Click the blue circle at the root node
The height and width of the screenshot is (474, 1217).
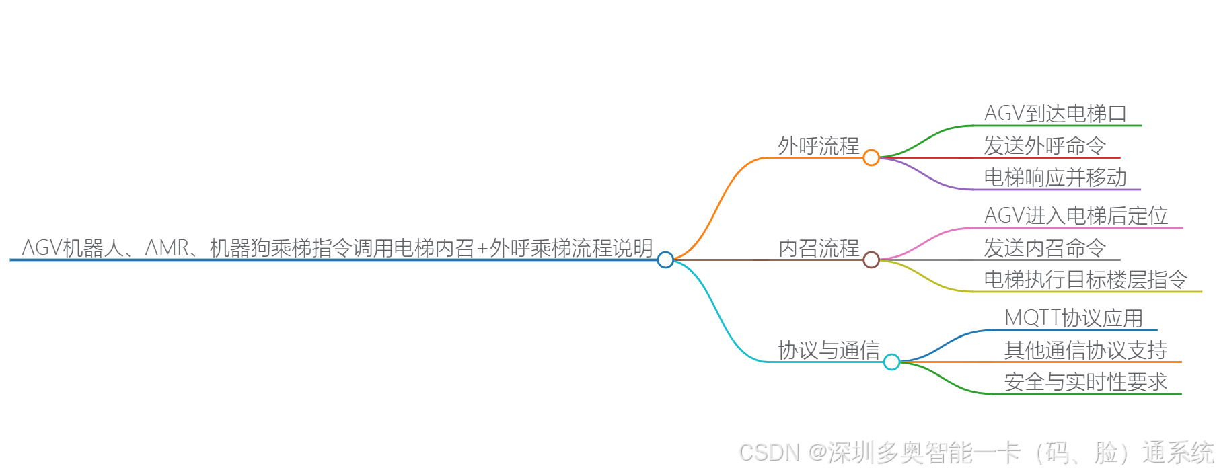tap(665, 260)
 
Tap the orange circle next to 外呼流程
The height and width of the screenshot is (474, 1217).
tap(871, 157)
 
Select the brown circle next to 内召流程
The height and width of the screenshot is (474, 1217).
tap(871, 260)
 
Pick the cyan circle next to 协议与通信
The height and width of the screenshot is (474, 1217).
tap(891, 362)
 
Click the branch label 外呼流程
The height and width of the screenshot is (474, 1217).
tap(818, 146)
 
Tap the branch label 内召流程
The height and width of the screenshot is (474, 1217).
tap(818, 248)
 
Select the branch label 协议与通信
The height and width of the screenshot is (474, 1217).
tap(828, 350)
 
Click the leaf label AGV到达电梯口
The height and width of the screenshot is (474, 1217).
tap(1055, 114)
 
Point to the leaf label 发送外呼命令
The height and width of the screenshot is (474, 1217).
tap(1044, 146)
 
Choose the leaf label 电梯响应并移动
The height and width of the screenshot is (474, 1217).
tap(1055, 177)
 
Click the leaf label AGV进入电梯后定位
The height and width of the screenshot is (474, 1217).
tap(1076, 216)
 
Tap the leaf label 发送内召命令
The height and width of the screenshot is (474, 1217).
tap(1044, 248)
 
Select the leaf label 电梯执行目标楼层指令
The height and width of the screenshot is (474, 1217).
tap(1085, 280)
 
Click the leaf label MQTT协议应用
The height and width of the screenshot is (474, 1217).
tap(1074, 318)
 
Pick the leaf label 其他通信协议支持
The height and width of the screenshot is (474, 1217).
tap(1085, 350)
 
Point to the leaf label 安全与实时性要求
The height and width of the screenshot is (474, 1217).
tap(1085, 382)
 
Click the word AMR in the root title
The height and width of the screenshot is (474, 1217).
tap(167, 248)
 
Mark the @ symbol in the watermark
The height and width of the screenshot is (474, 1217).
tap(817, 452)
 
